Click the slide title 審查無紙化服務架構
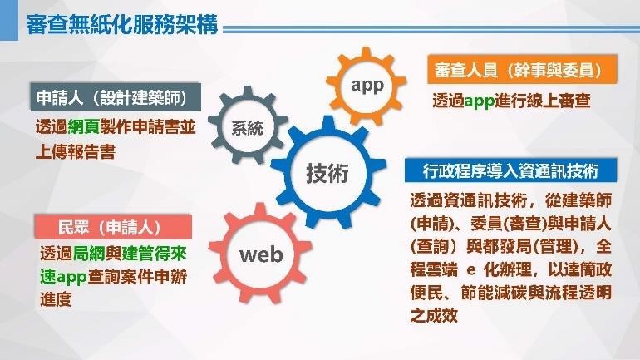tap(121, 24)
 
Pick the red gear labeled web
tap(260, 254)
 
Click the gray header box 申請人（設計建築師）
tap(116, 97)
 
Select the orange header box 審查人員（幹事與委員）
tap(522, 69)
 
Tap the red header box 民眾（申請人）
tap(113, 226)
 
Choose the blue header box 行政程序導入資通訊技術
tap(510, 170)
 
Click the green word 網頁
tap(83, 127)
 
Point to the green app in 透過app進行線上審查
tap(480, 101)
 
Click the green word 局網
tap(89, 254)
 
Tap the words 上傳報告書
tap(76, 151)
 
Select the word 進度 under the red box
tap(56, 299)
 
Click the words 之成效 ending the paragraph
tap(434, 315)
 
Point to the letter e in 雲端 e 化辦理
tap(471, 270)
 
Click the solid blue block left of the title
tap(9, 21)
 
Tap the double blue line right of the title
tap(431, 29)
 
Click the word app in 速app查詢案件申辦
tap(71, 277)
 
